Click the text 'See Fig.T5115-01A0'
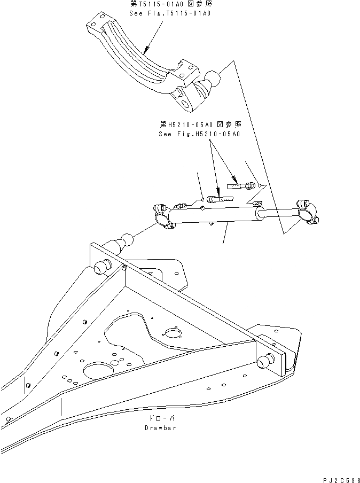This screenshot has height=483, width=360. coord(170,13)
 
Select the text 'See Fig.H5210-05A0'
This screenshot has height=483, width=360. coord(199,134)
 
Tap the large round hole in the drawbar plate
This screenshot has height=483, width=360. coord(96,370)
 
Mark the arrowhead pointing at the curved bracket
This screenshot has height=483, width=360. coord(145,53)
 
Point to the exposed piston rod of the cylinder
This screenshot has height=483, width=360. coord(275,214)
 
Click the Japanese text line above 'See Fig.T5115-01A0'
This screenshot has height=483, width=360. coord(170,4)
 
